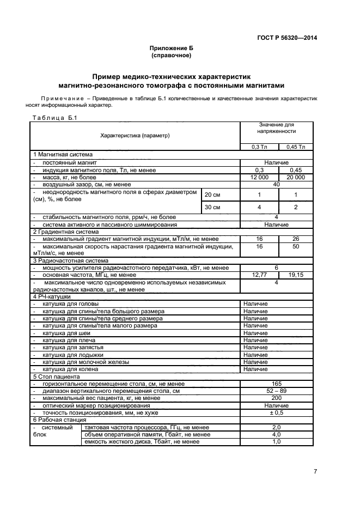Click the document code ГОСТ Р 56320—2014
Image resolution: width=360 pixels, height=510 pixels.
point(287,38)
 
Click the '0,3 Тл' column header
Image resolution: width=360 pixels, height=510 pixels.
point(259,147)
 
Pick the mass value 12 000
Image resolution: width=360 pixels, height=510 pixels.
point(259,178)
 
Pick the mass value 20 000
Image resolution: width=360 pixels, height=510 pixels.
point(296,178)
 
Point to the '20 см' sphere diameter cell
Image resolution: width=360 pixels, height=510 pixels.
point(212,195)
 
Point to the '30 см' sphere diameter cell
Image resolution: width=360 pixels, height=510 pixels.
point(212,208)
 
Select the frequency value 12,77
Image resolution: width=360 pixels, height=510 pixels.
point(259,276)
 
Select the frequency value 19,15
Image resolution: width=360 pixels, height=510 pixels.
point(296,276)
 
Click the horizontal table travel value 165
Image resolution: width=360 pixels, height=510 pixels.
point(277,384)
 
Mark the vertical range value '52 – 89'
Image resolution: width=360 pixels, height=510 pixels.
point(277,391)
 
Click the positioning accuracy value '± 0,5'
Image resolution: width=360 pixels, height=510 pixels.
point(277,412)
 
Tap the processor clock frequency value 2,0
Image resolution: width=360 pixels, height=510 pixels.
point(277,427)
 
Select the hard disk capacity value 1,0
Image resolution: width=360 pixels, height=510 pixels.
point(277,441)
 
